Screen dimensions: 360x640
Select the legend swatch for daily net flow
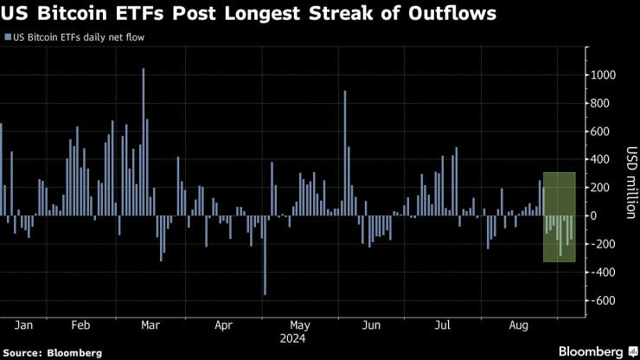coord(8,38)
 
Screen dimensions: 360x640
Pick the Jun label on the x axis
coord(371,326)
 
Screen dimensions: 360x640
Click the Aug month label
coord(519,326)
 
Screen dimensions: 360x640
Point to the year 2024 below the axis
coord(299,338)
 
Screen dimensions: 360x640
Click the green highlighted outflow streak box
coord(559,216)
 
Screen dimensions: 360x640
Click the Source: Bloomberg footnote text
coord(53,352)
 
